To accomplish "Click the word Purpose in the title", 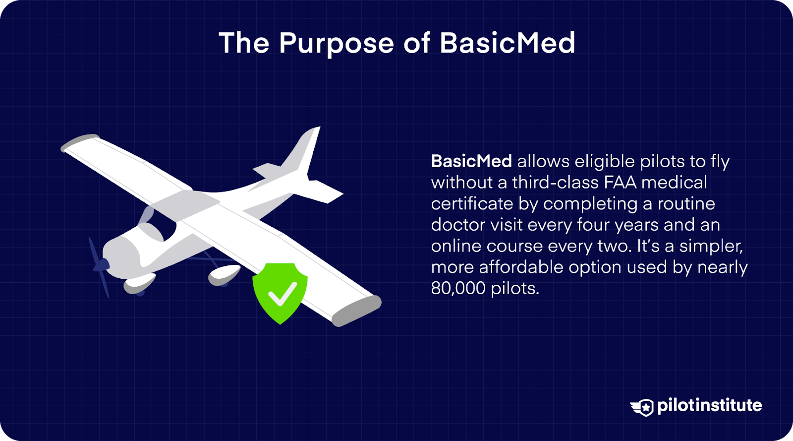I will (x=336, y=44).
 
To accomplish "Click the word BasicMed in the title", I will (x=507, y=43).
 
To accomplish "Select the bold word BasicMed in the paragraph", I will (x=471, y=161).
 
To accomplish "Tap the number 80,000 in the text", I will (x=458, y=288).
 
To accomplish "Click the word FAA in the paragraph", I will (x=620, y=183).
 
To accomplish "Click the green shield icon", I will (x=280, y=293).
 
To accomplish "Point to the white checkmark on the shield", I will (x=282, y=294).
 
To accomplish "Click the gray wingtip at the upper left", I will (x=79, y=142).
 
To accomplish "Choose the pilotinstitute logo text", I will (x=709, y=405).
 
